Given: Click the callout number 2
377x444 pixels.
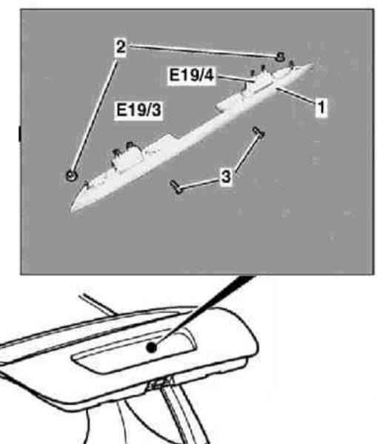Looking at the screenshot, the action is tap(121, 47).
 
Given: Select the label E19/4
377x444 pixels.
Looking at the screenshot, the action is tap(191, 75).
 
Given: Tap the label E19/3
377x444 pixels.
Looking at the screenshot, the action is tap(139, 110).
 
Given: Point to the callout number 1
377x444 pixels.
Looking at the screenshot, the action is tap(321, 107).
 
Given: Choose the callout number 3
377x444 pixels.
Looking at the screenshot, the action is tap(226, 177).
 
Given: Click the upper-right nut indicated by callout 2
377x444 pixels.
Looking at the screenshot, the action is tap(280, 57).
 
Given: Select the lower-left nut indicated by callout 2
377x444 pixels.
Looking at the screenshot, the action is tap(71, 175).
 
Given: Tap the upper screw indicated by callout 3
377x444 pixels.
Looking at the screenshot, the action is tap(258, 132).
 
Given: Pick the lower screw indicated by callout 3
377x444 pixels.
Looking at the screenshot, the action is tap(176, 187).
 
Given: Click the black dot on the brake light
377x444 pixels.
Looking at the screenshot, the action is tap(152, 347).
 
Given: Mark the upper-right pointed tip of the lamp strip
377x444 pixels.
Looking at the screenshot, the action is tap(312, 65).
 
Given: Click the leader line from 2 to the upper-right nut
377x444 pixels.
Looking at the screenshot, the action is tap(201, 51).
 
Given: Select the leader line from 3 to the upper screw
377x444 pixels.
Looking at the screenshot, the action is tap(246, 153).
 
